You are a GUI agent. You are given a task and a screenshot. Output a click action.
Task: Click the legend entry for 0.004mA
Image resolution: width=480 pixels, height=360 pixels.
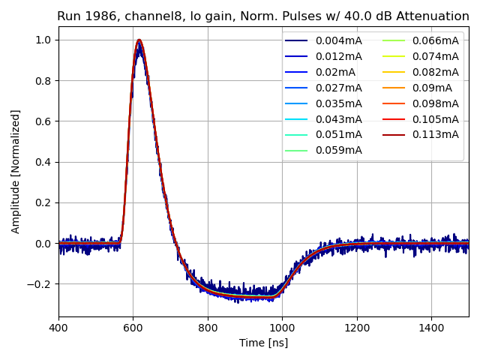[x=338, y=40]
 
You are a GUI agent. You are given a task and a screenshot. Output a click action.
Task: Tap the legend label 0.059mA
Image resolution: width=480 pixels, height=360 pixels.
[x=338, y=150]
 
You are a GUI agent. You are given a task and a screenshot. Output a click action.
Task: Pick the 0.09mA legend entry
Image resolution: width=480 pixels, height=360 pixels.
[x=432, y=88]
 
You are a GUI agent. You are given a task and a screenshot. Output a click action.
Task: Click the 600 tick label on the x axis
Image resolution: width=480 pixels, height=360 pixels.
[x=133, y=327]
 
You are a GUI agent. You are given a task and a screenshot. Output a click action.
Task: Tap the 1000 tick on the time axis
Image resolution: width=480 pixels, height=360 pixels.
[x=282, y=327]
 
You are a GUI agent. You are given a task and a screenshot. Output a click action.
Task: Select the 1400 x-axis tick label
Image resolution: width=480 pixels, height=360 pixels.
[x=431, y=327]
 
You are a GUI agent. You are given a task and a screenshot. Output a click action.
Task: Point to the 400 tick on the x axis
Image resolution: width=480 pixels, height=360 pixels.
[x=58, y=327]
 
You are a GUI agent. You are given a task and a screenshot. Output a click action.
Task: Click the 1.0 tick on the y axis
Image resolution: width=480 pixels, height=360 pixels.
[x=43, y=40]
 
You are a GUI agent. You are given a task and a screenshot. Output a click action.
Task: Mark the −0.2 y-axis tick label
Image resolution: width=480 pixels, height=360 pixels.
[x=40, y=284]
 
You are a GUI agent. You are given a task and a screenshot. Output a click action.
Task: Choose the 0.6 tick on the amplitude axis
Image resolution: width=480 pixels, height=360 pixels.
[x=43, y=121]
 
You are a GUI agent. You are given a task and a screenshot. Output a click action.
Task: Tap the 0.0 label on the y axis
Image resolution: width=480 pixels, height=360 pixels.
[x=43, y=244]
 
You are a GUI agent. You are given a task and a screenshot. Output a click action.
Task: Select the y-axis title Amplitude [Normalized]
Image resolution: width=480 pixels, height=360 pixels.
[x=16, y=171]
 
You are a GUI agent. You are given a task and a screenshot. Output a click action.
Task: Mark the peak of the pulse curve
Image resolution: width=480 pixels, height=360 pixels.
[x=139, y=40]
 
